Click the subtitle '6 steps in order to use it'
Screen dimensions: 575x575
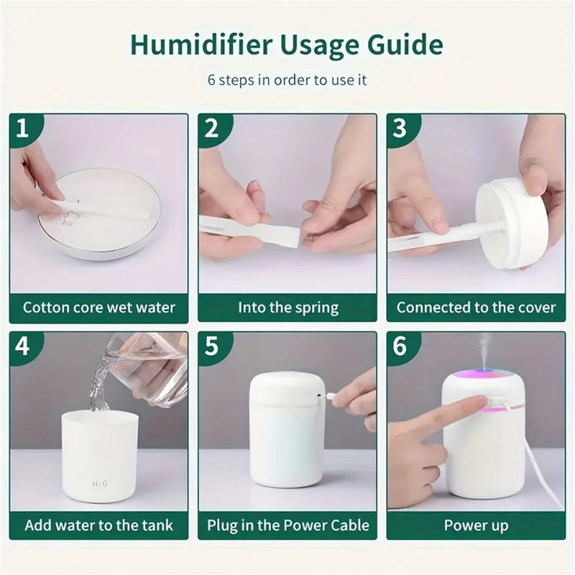[x=287, y=80]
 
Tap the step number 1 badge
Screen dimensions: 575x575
[x=22, y=129]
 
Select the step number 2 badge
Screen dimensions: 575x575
[x=211, y=129]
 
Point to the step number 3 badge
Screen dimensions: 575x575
[x=400, y=129]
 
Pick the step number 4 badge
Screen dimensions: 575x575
[x=22, y=346]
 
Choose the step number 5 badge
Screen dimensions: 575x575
[x=211, y=346]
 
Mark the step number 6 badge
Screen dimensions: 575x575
[x=400, y=346]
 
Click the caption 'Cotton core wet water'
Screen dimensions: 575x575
[x=99, y=308]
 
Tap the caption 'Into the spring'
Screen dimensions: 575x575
[x=287, y=308]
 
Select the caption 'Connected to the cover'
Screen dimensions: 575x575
[x=476, y=308]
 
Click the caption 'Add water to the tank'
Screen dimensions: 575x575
[x=99, y=525]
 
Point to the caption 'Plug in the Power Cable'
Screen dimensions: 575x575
[x=287, y=525]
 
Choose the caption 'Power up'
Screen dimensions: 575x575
[x=476, y=525]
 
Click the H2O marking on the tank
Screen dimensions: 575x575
[x=99, y=484]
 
